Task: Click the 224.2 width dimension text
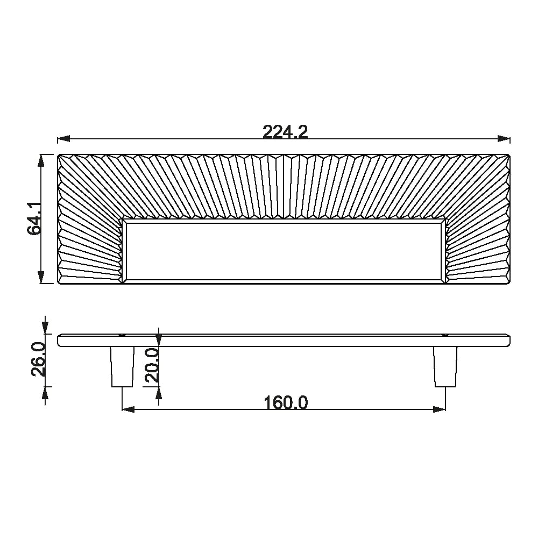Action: click(x=285, y=132)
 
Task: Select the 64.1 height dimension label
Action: click(x=34, y=218)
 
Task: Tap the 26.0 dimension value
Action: click(x=38, y=359)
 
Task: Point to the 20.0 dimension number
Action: click(x=152, y=365)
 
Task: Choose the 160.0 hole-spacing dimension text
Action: click(x=286, y=403)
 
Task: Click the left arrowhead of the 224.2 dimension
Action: click(x=63, y=139)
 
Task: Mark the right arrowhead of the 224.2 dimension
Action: click(x=504, y=139)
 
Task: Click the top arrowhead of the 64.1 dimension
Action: click(x=41, y=161)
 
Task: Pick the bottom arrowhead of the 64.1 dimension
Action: click(x=41, y=277)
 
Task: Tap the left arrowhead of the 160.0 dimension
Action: click(x=129, y=409)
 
